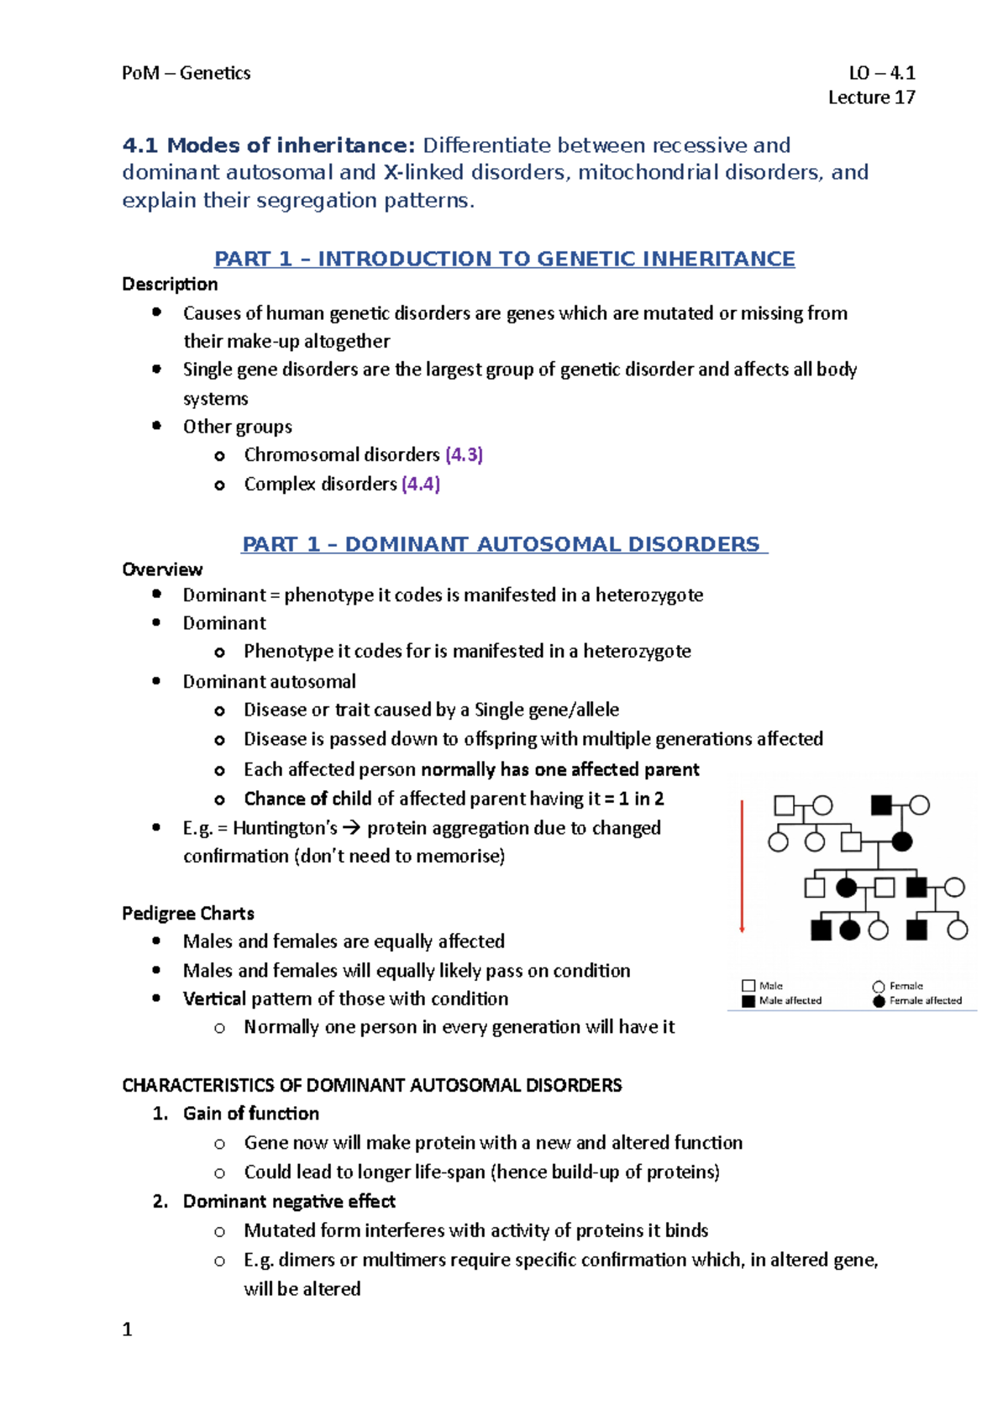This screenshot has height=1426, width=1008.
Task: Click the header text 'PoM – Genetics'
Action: (186, 73)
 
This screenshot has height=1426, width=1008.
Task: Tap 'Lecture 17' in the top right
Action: (871, 97)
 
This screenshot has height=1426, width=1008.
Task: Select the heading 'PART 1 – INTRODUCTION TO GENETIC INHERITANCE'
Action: (504, 259)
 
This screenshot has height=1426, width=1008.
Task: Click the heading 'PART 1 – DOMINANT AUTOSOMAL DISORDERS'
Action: (504, 544)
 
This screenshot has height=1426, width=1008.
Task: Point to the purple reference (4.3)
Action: (464, 454)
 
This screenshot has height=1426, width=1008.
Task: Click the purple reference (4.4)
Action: (421, 484)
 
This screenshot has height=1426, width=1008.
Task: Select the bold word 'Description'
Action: (170, 284)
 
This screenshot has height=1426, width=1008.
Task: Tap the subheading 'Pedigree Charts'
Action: (187, 913)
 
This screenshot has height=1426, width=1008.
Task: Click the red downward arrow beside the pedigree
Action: (742, 865)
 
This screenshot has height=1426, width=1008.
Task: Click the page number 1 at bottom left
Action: (127, 1329)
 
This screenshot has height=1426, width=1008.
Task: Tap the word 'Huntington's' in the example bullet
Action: (285, 828)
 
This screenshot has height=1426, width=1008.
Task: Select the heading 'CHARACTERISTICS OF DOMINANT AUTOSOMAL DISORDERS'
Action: (371, 1085)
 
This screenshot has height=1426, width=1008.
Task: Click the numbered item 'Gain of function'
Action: (250, 1114)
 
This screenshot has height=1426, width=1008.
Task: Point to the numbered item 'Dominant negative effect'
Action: (289, 1201)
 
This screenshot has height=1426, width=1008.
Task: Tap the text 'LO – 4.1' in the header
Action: (882, 73)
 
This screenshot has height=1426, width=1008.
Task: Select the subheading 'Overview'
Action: (162, 569)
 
